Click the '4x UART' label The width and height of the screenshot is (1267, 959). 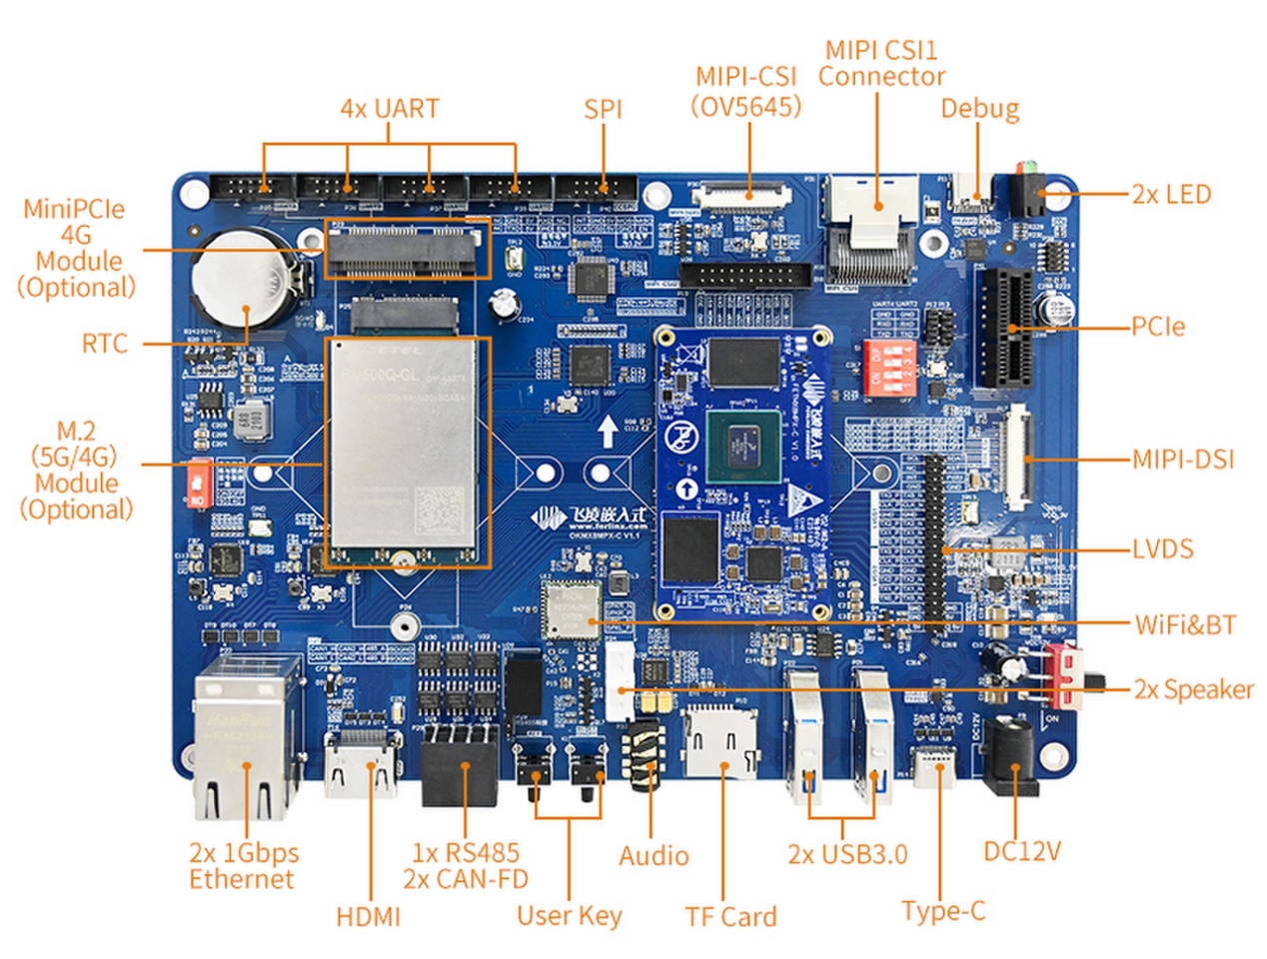tap(390, 108)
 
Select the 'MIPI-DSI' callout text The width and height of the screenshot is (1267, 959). tap(1182, 460)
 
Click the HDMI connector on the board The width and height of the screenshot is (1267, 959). tap(363, 765)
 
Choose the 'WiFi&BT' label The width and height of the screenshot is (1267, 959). tap(1185, 625)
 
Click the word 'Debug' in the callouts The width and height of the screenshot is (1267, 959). tap(979, 108)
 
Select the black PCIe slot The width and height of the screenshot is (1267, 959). tap(1007, 328)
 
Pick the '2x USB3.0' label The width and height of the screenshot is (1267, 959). tap(847, 854)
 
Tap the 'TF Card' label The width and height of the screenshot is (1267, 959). tap(730, 916)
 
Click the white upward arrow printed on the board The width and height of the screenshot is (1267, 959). tap(607, 432)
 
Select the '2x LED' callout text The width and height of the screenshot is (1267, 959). tap(1171, 194)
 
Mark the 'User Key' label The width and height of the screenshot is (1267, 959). tap(569, 916)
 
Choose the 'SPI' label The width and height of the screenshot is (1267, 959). tap(603, 109)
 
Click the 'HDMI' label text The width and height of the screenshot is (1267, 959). tap(368, 916)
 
